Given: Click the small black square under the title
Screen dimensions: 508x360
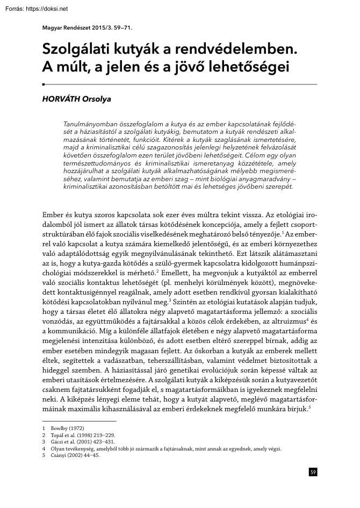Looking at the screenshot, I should (43, 85).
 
